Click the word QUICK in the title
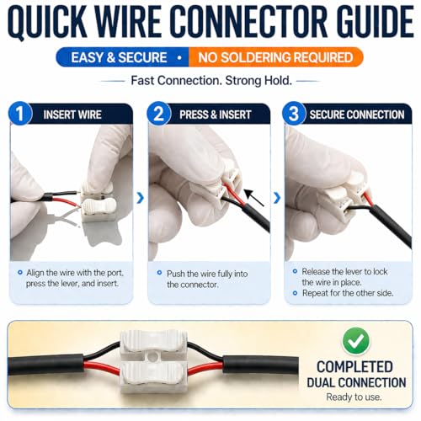pos(48,22)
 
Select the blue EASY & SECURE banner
pos(122,57)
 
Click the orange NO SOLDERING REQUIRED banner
pos(276,57)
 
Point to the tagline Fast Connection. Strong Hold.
pos(211,81)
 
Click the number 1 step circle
pos(19,114)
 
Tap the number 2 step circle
pos(159,114)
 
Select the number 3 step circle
pos(294,114)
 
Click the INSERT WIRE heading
pos(72,115)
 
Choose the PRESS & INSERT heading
pos(216,115)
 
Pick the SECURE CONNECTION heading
pos(357,115)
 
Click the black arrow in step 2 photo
pos(254,198)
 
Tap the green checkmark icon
pos(356,341)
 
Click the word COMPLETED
pos(354,367)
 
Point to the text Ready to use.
pos(354,397)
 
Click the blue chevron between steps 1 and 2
pos(141,198)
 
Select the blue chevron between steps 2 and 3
pos(277,198)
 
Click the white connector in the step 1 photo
pos(99,203)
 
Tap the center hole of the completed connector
pos(152,356)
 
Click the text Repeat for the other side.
pos(348,293)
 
